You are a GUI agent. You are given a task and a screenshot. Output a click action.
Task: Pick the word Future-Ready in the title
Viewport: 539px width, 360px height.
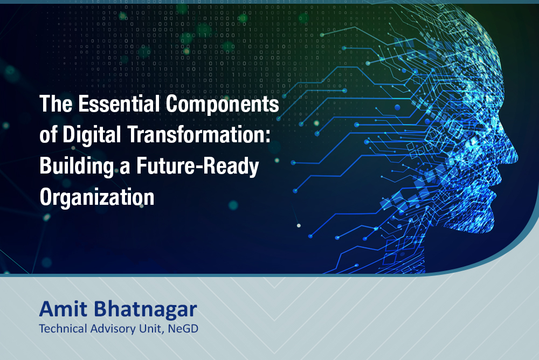point(198,167)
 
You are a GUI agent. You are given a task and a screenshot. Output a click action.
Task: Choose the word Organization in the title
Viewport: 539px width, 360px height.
point(97,197)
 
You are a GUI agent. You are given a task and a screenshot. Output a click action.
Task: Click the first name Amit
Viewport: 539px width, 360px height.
point(63,309)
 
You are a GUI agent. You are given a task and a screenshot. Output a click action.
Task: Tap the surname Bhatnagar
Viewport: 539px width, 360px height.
point(146,309)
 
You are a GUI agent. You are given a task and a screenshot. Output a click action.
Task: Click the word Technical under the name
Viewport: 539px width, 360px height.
point(63,329)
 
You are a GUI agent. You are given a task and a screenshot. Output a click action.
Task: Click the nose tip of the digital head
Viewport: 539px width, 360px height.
point(517,157)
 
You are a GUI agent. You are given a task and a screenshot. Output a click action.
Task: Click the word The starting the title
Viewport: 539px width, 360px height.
point(56,103)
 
